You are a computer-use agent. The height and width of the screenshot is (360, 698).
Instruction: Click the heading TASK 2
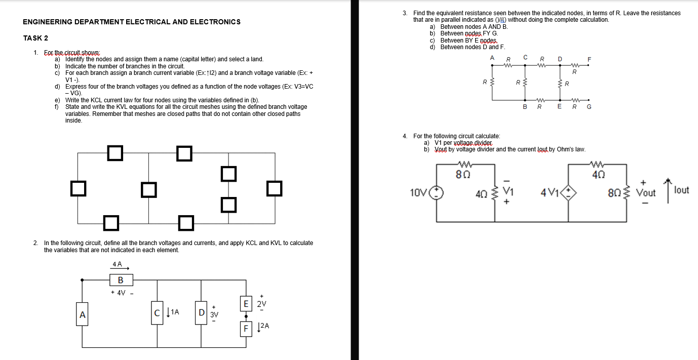coord(35,38)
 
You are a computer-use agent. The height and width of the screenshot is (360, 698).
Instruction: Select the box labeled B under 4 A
coord(121,280)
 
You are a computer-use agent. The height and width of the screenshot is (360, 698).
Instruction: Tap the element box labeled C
coord(158,312)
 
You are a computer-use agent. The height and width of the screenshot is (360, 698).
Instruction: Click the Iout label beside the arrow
coord(681,190)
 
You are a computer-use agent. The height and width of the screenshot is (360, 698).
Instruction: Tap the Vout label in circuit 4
coord(645,193)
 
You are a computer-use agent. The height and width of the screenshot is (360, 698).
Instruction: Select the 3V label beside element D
coord(214,314)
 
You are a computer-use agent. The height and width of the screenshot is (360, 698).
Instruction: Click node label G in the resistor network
coord(589,107)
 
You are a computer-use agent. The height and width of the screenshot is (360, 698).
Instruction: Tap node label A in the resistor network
coord(492,58)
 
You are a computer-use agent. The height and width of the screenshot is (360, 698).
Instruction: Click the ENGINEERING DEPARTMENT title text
coord(132,22)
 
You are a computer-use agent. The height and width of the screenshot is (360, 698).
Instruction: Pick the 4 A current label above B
coord(117,264)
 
